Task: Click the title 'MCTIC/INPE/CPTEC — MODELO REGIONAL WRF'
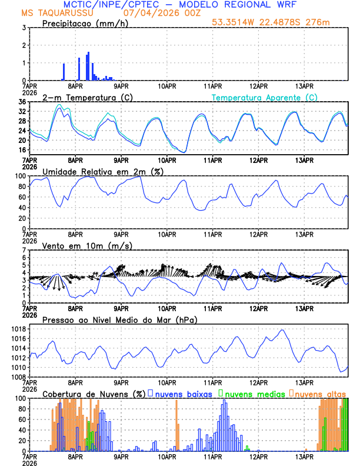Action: tap(180, 4)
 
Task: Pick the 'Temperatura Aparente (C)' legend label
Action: tap(264, 97)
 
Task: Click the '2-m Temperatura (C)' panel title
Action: tap(82, 97)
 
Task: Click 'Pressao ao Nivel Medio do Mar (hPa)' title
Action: tap(119, 319)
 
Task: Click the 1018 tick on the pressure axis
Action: tap(18, 329)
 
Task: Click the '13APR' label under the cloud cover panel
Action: tap(304, 456)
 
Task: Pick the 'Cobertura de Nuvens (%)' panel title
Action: tap(94, 394)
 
